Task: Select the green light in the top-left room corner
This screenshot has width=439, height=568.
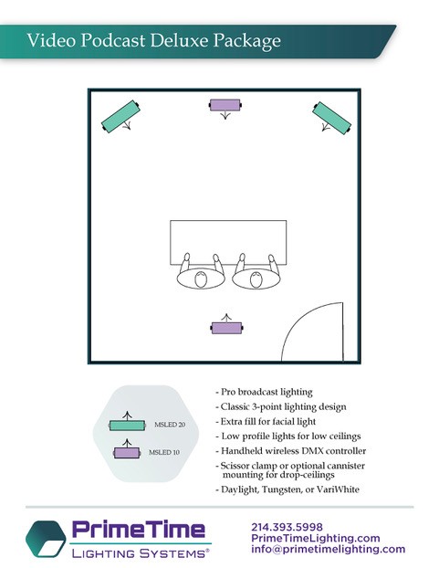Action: (120, 116)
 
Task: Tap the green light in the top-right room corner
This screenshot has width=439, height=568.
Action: (331, 118)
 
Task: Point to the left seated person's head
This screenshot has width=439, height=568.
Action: (201, 279)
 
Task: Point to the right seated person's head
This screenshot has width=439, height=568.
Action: (256, 279)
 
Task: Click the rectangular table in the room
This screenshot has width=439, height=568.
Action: (228, 242)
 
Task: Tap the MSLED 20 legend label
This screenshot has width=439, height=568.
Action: (170, 425)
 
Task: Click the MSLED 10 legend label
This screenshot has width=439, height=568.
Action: (164, 452)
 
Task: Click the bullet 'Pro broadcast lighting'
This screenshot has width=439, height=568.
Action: (264, 392)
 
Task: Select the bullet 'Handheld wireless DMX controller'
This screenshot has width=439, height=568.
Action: (291, 451)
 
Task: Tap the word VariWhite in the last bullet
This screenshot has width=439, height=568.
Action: (338, 489)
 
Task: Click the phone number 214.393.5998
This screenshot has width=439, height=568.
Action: (287, 527)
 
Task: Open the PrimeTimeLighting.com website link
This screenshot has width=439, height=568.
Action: (316, 538)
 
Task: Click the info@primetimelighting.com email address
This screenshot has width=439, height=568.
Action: (329, 549)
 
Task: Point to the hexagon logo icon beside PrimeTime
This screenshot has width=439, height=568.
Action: (46, 539)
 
